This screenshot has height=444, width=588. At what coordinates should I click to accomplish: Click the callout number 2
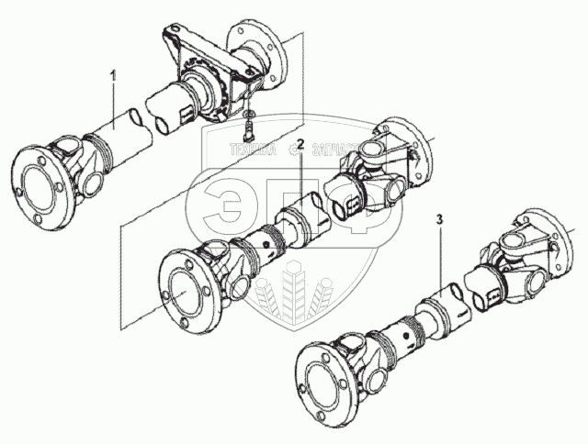click(300, 145)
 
